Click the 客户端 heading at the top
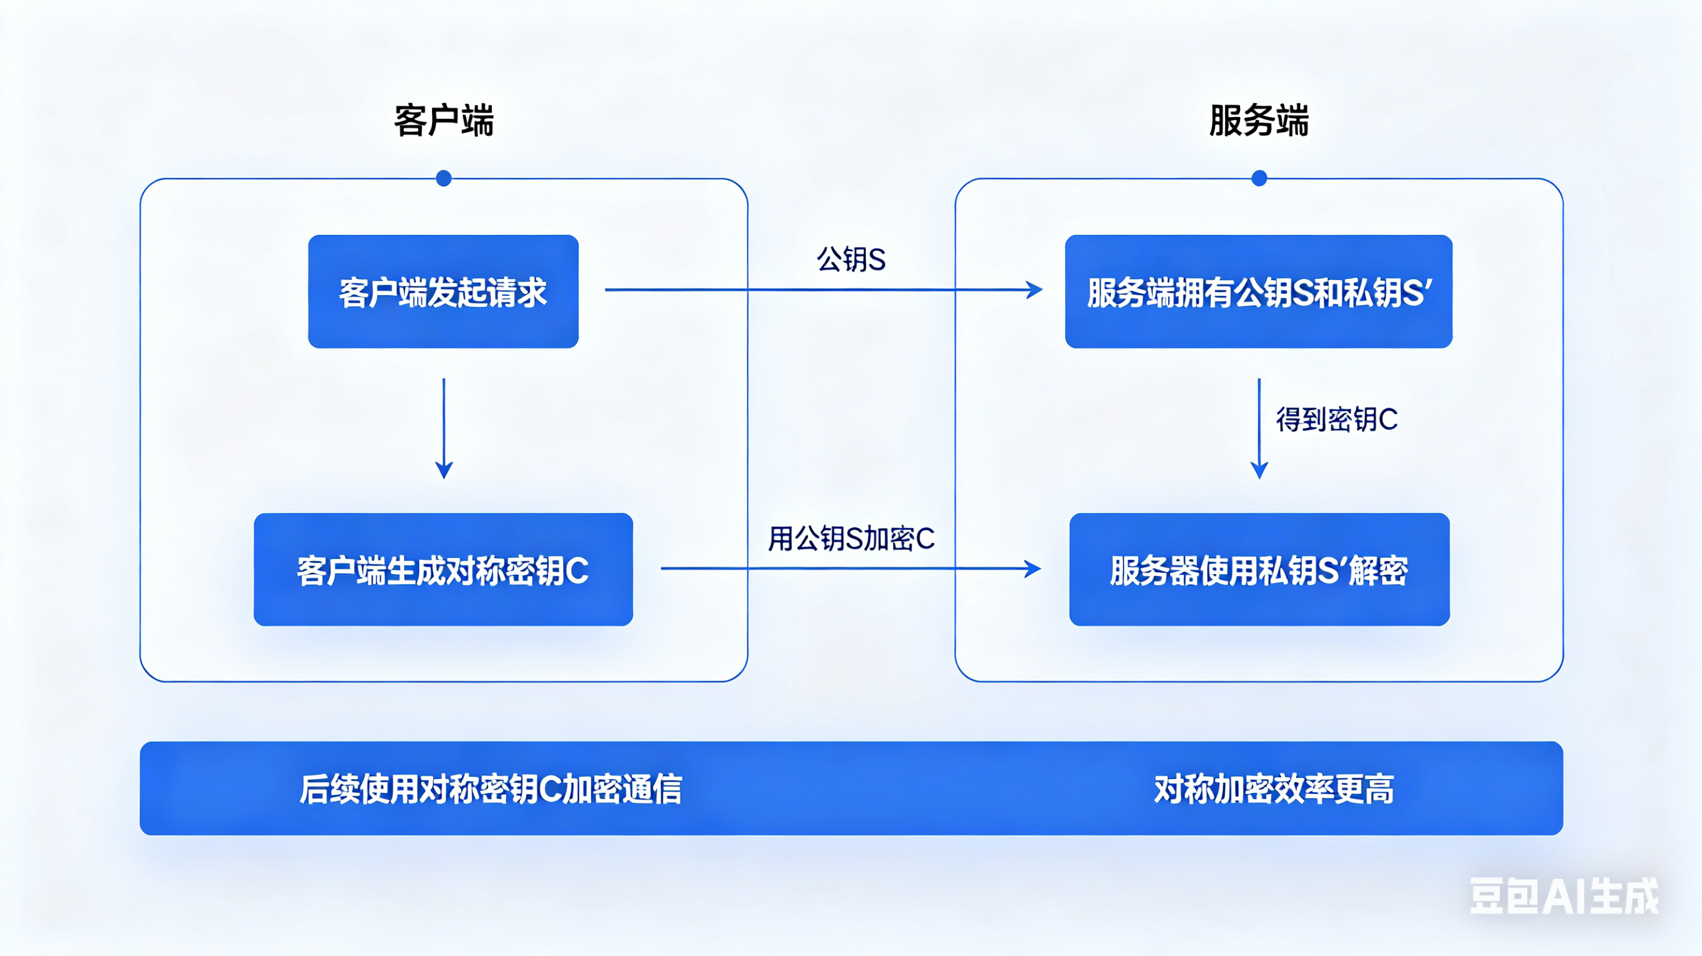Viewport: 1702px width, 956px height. point(443,120)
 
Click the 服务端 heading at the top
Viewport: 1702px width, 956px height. point(1259,120)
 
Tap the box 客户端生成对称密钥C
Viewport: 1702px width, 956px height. point(443,569)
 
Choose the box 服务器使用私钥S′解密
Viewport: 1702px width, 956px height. point(1259,569)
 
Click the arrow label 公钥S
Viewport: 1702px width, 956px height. point(851,260)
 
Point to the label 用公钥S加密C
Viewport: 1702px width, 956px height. point(851,539)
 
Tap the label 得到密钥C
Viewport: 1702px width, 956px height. point(1337,419)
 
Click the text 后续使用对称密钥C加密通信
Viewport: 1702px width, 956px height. point(491,789)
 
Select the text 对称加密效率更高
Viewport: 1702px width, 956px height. point(1274,789)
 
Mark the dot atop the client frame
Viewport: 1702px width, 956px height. point(444,178)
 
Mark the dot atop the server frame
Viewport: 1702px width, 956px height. point(1259,178)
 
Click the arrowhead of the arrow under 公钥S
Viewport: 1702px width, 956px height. point(1034,290)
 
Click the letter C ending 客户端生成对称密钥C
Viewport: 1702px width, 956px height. point(577,570)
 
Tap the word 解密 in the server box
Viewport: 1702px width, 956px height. point(1378,570)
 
